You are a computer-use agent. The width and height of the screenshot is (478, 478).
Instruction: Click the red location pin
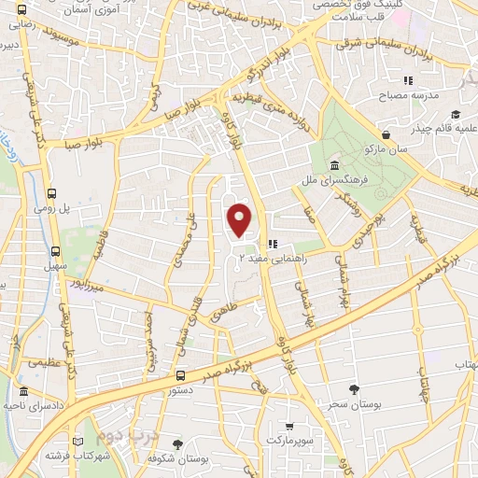pos(241,219)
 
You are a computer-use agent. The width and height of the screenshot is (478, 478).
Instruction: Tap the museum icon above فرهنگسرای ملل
pos(333,165)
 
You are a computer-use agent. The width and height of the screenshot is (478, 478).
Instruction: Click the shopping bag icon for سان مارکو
pos(385,134)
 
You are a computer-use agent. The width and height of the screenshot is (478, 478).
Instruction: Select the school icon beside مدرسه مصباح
pos(408,82)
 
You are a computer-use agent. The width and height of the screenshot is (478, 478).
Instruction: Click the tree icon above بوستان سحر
pos(352,389)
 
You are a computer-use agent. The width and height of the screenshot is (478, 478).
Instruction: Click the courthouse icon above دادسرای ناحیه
pos(23,392)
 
